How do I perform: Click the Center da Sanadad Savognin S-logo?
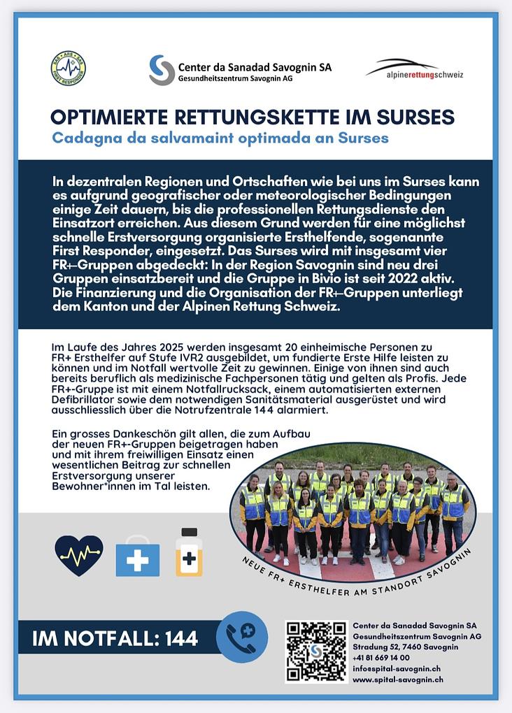pyautogui.click(x=162, y=69)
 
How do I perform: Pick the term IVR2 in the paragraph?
pyautogui.click(x=199, y=359)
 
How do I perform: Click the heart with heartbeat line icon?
pyautogui.click(x=78, y=556)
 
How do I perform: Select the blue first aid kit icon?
pyautogui.click(x=137, y=557)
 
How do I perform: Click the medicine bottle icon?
pyautogui.click(x=189, y=553)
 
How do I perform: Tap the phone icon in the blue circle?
pyautogui.click(x=241, y=637)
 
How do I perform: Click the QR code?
pyautogui.click(x=316, y=651)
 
